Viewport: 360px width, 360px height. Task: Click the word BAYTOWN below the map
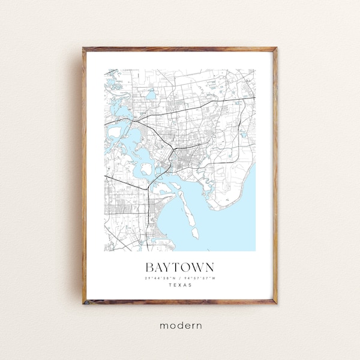(179, 266)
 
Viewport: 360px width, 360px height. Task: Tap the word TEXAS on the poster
(179, 285)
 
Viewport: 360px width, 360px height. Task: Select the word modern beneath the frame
(181, 325)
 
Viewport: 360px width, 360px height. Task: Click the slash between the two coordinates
(180, 277)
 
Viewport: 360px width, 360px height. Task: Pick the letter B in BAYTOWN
(149, 266)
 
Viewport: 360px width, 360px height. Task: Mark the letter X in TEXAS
(179, 285)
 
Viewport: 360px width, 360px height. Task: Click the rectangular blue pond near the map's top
(151, 94)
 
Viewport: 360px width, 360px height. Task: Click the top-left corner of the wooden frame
(84, 48)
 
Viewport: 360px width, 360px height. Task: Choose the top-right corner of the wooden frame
(276, 48)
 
